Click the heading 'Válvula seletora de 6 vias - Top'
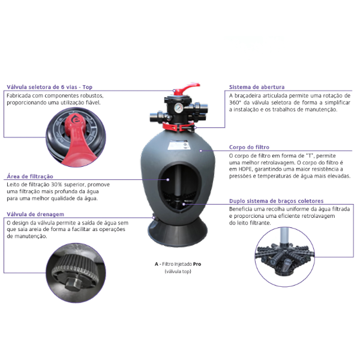(x=50, y=87)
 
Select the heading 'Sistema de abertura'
(x=257, y=87)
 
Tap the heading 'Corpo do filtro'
(x=249, y=147)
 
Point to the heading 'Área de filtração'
(x=30, y=176)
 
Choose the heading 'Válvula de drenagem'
(x=35, y=214)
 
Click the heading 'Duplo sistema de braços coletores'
(x=276, y=201)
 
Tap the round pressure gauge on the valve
(x=178, y=108)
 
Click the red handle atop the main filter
(x=186, y=89)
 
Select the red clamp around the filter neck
(x=179, y=126)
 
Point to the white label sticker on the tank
(x=178, y=146)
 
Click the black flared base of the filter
(x=178, y=232)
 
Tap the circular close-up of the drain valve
(x=76, y=273)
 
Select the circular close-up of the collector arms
(x=284, y=257)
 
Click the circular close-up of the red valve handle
(x=76, y=137)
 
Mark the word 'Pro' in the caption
(x=197, y=264)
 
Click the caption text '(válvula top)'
(x=178, y=271)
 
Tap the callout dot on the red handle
(x=174, y=91)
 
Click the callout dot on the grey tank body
(x=201, y=151)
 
